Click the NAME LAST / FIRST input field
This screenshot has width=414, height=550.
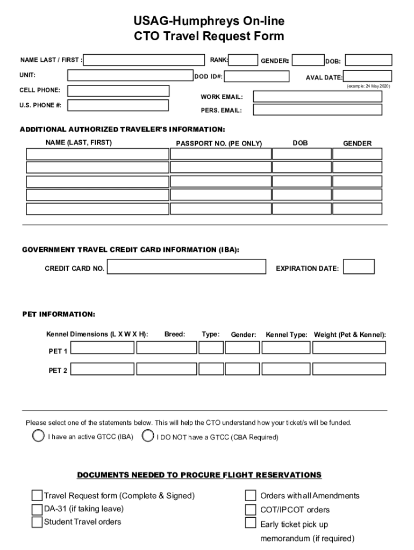(x=144, y=60)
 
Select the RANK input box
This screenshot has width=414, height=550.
(x=244, y=60)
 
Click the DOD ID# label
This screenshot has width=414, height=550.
(x=209, y=77)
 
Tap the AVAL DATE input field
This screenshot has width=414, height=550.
(x=367, y=76)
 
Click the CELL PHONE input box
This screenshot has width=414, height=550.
(x=118, y=91)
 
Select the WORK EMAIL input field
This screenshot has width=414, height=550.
(x=317, y=97)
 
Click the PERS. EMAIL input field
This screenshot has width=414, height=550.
(x=317, y=110)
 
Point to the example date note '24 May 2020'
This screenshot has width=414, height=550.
(x=368, y=86)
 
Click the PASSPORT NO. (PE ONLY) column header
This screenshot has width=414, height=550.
(x=219, y=144)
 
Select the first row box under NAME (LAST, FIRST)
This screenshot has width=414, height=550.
(x=97, y=154)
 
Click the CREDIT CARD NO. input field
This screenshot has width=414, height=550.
(x=187, y=267)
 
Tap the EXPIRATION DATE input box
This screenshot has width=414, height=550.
(x=359, y=267)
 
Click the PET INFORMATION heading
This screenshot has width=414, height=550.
(x=59, y=314)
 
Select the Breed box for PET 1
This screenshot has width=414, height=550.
(x=166, y=348)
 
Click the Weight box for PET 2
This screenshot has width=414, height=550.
(x=348, y=370)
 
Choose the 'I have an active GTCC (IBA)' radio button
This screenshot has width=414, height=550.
(x=38, y=436)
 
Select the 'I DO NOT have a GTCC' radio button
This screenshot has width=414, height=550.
(x=148, y=436)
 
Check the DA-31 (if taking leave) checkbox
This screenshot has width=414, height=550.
(x=37, y=509)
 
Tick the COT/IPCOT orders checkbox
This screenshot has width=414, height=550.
(x=251, y=509)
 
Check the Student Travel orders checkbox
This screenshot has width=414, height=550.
(x=37, y=522)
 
